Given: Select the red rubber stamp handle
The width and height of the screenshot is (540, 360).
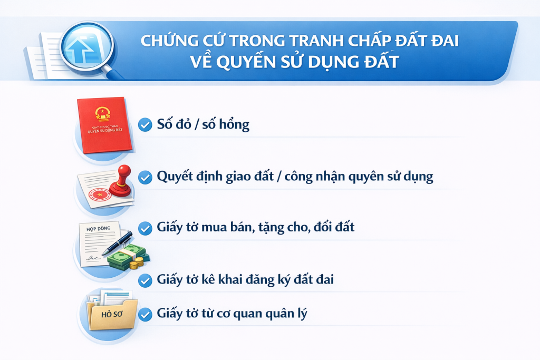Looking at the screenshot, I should tap(124, 174).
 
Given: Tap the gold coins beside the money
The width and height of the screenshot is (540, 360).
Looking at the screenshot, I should tap(138, 262).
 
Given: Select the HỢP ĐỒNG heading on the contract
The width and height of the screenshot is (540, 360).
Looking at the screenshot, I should tap(95, 230).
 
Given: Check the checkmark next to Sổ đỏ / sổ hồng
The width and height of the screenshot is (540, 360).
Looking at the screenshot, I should tap(143, 125).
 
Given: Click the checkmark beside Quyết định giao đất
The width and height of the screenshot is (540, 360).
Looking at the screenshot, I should tap(143, 178).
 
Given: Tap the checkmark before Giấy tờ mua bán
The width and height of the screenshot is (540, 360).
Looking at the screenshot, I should tap(143, 228).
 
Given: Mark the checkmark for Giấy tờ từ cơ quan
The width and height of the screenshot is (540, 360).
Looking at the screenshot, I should tap(143, 315).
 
